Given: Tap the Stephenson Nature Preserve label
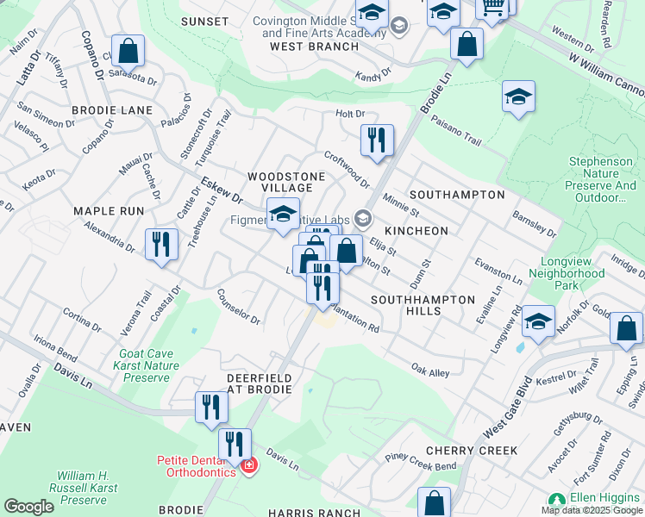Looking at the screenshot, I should (x=602, y=179).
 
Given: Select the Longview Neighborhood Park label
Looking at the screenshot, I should (x=573, y=273).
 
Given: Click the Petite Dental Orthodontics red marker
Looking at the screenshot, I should (x=249, y=466).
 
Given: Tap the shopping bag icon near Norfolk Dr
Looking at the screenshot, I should (x=626, y=329).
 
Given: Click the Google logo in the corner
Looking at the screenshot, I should (x=28, y=507).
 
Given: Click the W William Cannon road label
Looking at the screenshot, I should (x=606, y=75).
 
